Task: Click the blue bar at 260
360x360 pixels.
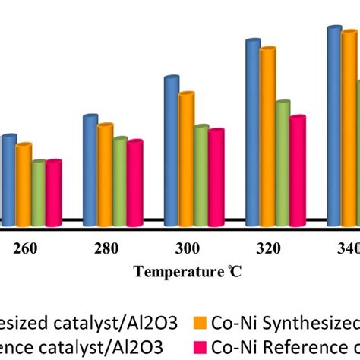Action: tap(9, 181)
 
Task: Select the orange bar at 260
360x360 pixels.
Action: tap(24, 186)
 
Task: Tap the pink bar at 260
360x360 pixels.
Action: tap(53, 194)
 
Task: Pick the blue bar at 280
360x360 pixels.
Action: tap(90, 171)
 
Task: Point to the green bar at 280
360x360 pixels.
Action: tap(119, 182)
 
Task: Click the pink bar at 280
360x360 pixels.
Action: tap(134, 184)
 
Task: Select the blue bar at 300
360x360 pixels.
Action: tap(172, 152)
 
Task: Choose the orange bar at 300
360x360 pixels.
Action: tap(186, 159)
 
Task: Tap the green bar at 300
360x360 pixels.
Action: tap(201, 175)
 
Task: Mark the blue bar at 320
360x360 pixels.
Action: tap(253, 133)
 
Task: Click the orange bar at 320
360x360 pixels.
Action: tap(267, 137)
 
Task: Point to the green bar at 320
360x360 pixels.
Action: tap(282, 163)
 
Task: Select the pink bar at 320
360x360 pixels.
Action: tap(297, 171)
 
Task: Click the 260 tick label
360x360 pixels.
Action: tap(24, 248)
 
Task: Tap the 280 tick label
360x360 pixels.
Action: tap(106, 248)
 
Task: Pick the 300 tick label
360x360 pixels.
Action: tap(187, 248)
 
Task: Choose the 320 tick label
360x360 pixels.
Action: tap(268, 248)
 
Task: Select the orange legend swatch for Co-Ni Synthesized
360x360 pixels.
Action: tap(201, 302)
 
